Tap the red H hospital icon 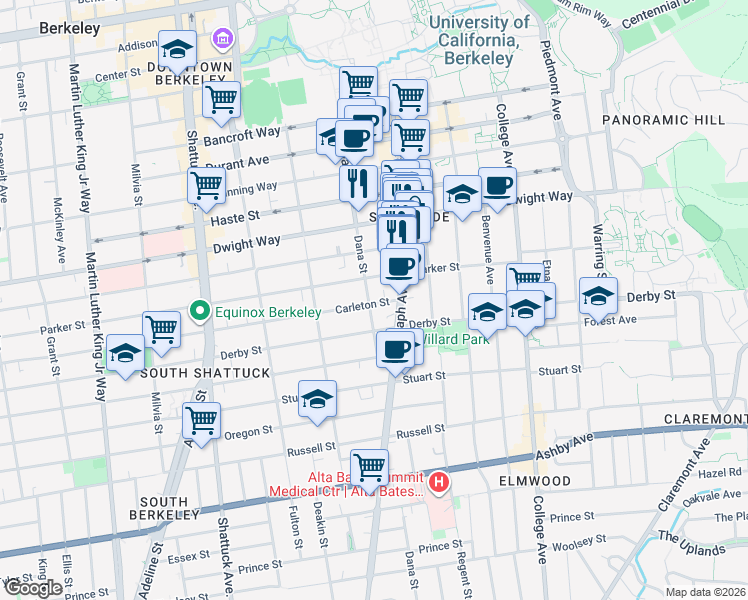pos(438,483)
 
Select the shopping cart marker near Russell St pos(370,465)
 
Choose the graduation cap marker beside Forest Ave pos(598,297)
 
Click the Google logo pos(33,588)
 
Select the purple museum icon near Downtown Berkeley pos(220,41)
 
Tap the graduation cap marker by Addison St pos(177,48)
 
